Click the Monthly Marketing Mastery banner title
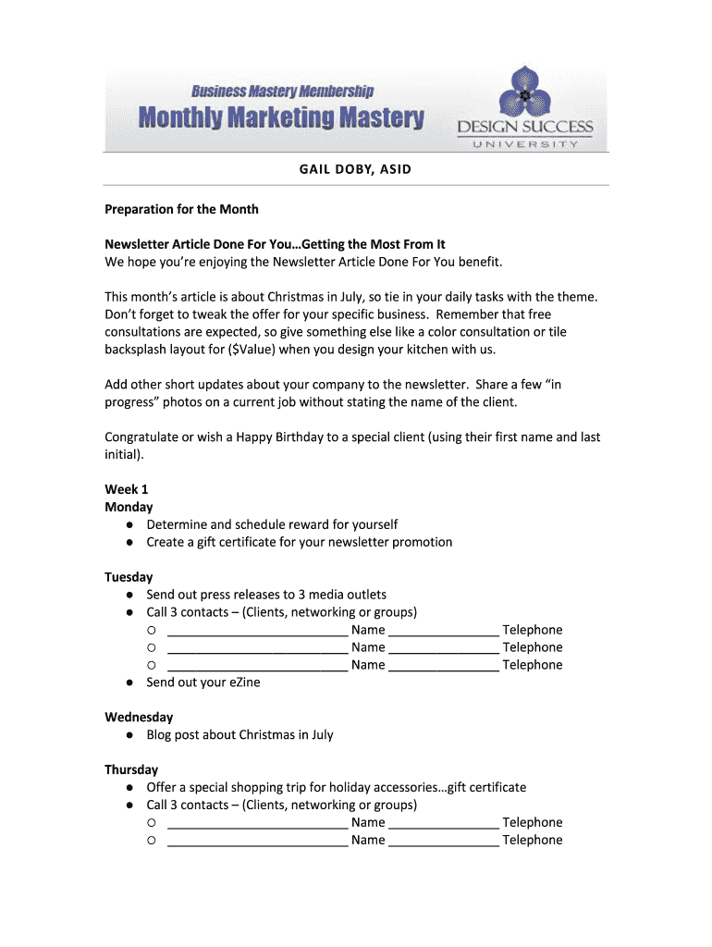[x=281, y=118]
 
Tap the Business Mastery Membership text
[x=282, y=91]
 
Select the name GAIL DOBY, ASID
[x=355, y=170]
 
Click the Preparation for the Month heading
[x=181, y=209]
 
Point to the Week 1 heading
[x=127, y=489]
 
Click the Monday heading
[x=129, y=507]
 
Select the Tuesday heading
[x=129, y=577]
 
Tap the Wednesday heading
[x=139, y=718]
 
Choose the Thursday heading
[x=131, y=770]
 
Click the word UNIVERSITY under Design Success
[x=524, y=144]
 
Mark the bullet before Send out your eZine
[x=132, y=683]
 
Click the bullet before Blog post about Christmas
[x=132, y=735]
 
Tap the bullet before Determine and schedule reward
[x=132, y=524]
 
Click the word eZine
[x=244, y=683]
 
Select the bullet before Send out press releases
[x=132, y=595]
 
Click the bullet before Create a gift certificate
[x=132, y=542]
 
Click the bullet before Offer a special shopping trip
[x=132, y=788]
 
